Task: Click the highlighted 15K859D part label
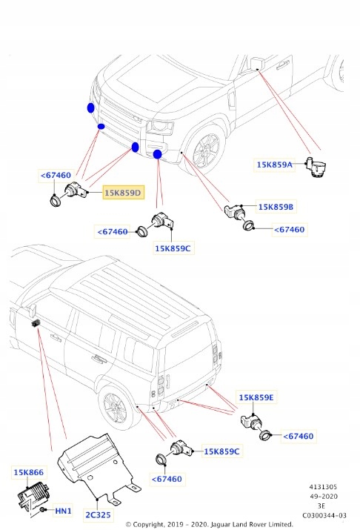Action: click(x=123, y=193)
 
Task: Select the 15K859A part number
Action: click(x=275, y=165)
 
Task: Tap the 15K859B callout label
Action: click(x=276, y=207)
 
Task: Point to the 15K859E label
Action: click(x=256, y=397)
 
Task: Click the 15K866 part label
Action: click(x=28, y=471)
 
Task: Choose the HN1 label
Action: click(x=64, y=511)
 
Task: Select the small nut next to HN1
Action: click(x=46, y=511)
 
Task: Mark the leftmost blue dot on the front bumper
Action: click(x=90, y=108)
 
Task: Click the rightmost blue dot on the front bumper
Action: click(x=158, y=154)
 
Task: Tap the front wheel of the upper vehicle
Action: click(x=204, y=152)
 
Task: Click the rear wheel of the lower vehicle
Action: click(x=116, y=408)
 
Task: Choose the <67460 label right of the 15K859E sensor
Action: click(x=299, y=437)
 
